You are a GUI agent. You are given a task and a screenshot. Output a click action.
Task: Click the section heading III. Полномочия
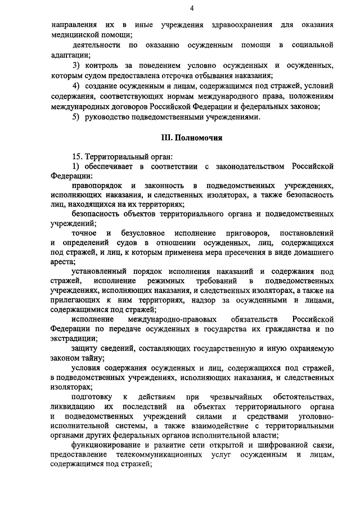(191, 137)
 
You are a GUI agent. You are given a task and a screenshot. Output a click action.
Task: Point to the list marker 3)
(76, 65)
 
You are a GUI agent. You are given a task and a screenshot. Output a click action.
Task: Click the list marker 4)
(76, 85)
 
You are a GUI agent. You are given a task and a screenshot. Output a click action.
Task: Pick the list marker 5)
(76, 116)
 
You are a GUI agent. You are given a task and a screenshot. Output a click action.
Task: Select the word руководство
(111, 116)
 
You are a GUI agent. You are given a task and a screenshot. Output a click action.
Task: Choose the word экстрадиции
(73, 339)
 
